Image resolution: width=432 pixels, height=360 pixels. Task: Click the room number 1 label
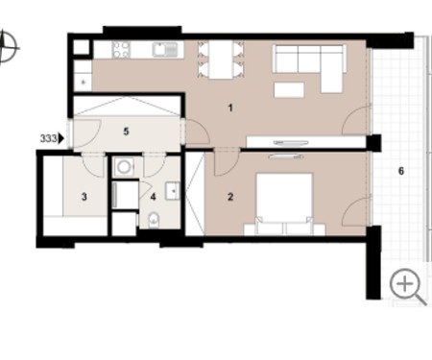(x=230, y=108)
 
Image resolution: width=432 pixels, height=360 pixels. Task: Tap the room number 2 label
(x=230, y=197)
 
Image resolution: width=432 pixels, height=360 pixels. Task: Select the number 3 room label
(x=84, y=197)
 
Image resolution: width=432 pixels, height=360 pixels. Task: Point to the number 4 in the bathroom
(x=153, y=197)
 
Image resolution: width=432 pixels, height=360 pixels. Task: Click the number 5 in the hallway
(x=126, y=132)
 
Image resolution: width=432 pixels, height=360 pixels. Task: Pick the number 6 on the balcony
(x=401, y=171)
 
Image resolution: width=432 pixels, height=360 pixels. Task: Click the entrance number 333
(x=48, y=138)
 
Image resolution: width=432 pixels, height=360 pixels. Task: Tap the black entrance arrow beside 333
(x=61, y=138)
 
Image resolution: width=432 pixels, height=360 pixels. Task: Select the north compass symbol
(x=7, y=47)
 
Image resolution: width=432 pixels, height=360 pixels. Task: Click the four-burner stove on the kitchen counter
(x=121, y=50)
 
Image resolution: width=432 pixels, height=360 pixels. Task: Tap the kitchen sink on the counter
(x=165, y=50)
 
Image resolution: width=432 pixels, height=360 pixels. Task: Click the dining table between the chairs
(x=221, y=60)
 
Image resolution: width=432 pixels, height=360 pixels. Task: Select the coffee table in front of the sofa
(x=289, y=90)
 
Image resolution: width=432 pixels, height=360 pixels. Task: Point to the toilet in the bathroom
(x=154, y=220)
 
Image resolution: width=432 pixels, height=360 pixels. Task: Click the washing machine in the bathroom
(x=124, y=166)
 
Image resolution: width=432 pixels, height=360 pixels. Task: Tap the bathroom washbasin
(x=173, y=191)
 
